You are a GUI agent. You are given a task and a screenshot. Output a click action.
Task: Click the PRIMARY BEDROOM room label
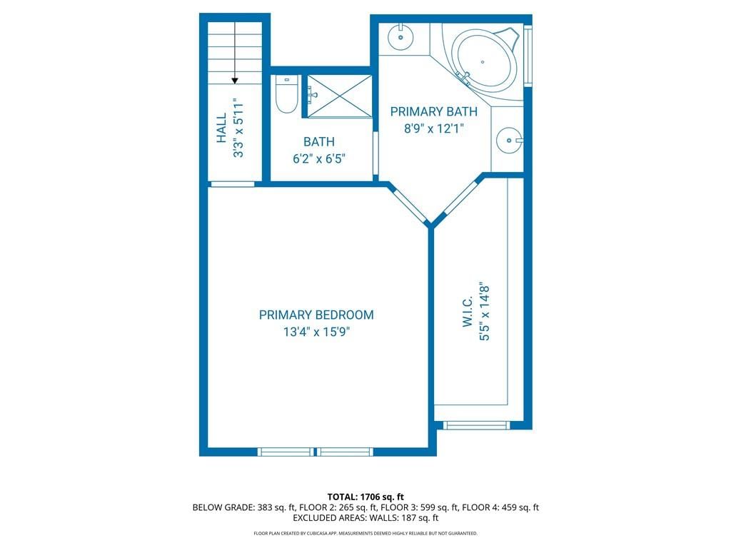tap(316, 315)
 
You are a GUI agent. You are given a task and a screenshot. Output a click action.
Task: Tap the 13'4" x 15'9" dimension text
tap(316, 333)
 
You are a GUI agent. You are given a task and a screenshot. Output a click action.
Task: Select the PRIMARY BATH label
tap(433, 112)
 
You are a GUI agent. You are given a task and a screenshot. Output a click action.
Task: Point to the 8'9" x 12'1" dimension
tap(433, 128)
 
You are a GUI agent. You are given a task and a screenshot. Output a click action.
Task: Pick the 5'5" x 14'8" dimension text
tap(485, 314)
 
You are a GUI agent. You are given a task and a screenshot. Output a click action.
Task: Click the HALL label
tap(221, 128)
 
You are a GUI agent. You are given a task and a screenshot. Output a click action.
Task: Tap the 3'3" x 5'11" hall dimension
tap(238, 128)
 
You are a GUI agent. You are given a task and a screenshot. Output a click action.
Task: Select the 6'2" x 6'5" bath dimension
tap(319, 159)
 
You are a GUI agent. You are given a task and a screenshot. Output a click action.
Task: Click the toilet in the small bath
tap(286, 95)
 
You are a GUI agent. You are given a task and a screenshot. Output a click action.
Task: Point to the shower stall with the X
tap(339, 96)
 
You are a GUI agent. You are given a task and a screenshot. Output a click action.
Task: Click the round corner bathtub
tap(485, 59)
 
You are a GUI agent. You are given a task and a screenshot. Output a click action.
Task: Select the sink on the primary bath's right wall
tap(509, 140)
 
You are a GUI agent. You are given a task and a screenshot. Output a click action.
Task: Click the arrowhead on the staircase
tap(235, 81)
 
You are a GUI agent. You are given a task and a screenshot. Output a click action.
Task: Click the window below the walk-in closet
tap(476, 425)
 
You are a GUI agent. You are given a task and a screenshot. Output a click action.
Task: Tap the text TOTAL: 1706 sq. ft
tap(365, 497)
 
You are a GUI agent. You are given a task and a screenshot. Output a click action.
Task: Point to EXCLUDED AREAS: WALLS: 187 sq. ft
tap(365, 518)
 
